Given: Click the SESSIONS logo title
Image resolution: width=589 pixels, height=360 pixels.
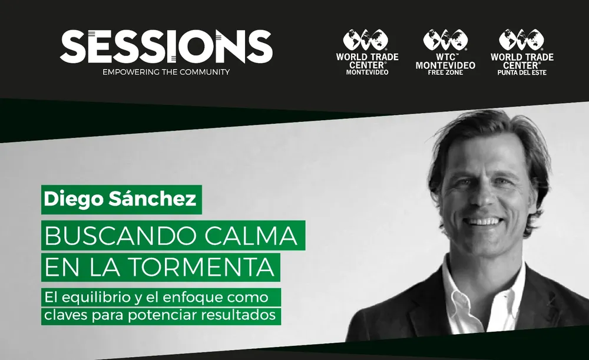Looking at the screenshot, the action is pos(166,47).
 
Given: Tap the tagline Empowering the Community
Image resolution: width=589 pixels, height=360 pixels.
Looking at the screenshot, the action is pos(166,72).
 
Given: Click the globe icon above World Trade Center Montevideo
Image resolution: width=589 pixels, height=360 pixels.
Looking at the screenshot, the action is pos(366,39).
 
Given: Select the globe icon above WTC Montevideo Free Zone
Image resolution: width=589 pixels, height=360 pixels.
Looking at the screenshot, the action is pos(445,39).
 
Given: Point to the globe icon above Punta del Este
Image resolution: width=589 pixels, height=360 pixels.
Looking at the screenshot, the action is pos(521,39).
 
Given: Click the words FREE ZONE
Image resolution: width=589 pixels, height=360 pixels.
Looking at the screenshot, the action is pos(445,72).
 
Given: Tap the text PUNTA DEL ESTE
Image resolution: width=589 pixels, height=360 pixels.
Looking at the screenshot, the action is pos(522,72).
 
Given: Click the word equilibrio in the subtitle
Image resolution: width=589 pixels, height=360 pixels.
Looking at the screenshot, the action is pos(95,298).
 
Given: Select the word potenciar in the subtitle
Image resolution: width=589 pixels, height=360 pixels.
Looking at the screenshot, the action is pos(163,315).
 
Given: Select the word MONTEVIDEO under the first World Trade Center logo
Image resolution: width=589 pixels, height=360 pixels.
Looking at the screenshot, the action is pos(368,72).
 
